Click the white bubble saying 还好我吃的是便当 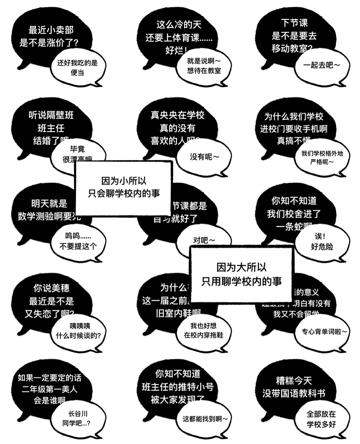coord(77,68)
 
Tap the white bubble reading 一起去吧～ coord(321,66)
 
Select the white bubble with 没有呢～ coord(204,157)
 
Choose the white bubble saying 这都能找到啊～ coord(205,419)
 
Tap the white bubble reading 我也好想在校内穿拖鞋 coord(203,331)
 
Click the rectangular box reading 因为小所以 coord(124,187)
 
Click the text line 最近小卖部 coord(51,30)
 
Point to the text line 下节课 coord(294,23)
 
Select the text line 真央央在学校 coord(177,115)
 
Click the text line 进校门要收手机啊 coord(294,129)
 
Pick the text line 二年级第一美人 coord(50,389)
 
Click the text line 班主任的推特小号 coord(177,387)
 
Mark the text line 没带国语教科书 coord(294,393)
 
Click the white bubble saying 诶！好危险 coord(322,241)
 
